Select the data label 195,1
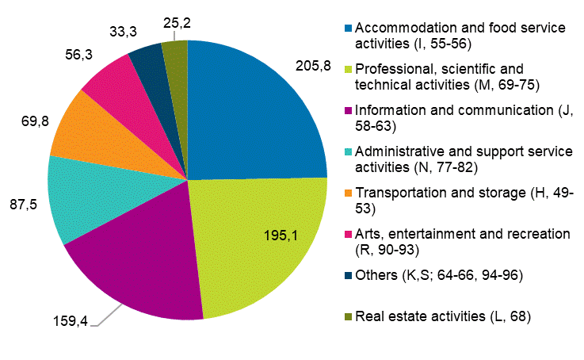click(x=281, y=235)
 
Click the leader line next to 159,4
click(x=103, y=317)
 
